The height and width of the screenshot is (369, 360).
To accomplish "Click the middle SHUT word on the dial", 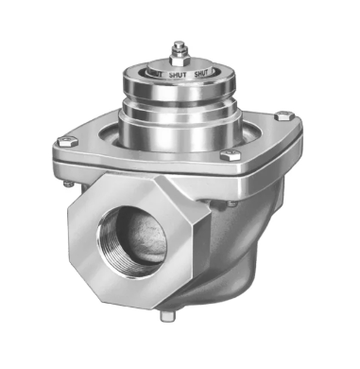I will pos(178,74).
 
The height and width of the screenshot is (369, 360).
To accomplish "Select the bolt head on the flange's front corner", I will pos(227,157).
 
